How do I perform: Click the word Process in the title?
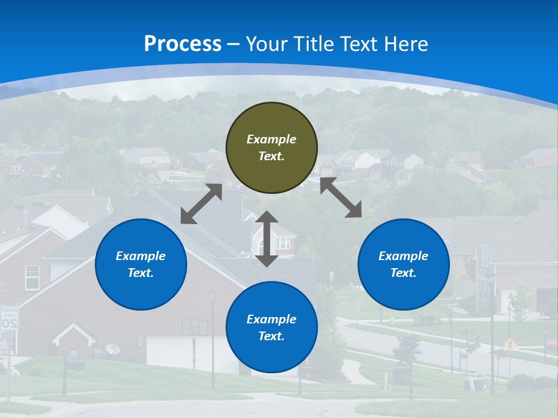pyautogui.click(x=183, y=44)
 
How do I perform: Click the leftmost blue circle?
pyautogui.click(x=141, y=264)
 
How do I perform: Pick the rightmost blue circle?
pyautogui.click(x=403, y=264)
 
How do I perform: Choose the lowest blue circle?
pyautogui.click(x=271, y=327)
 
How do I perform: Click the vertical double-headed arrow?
pyautogui.click(x=267, y=239)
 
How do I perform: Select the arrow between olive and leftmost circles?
pyautogui.click(x=201, y=204)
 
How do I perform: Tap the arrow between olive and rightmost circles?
pyautogui.click(x=341, y=197)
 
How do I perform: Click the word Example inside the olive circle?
pyautogui.click(x=271, y=139)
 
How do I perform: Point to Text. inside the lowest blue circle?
pyautogui.click(x=271, y=336)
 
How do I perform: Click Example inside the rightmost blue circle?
pyautogui.click(x=403, y=256)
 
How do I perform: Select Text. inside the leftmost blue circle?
pyautogui.click(x=141, y=273)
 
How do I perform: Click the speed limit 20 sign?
pyautogui.click(x=9, y=319)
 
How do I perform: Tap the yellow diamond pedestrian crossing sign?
pyautogui.click(x=510, y=344)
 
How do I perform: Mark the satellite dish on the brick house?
pyautogui.click(x=113, y=349)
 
